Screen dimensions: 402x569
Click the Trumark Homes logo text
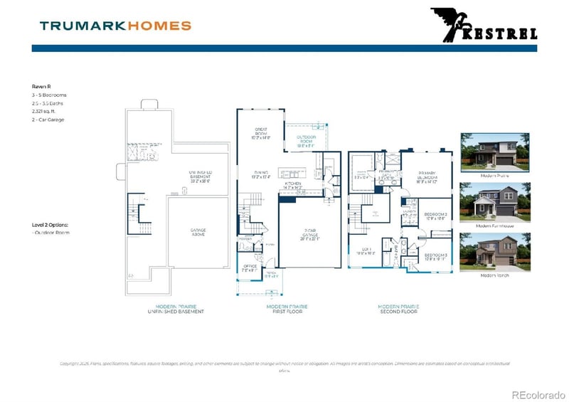(x=115, y=26)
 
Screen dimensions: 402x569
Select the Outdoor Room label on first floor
(x=307, y=139)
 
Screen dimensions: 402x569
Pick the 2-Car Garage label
(x=309, y=237)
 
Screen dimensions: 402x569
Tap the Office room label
(x=248, y=268)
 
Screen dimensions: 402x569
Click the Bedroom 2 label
(x=435, y=216)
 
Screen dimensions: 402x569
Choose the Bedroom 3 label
(x=435, y=257)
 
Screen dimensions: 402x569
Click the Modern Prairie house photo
(x=494, y=151)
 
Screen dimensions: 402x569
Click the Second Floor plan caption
(x=398, y=309)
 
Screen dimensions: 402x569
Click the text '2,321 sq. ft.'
(x=47, y=112)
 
